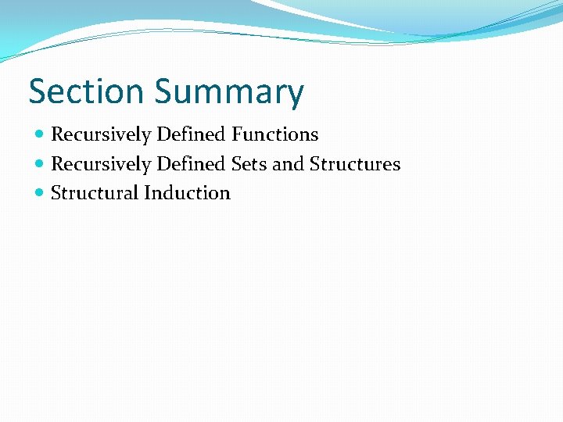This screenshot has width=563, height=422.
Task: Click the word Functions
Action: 274,134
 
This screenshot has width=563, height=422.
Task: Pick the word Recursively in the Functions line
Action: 100,135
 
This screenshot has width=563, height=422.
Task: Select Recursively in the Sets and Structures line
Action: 100,165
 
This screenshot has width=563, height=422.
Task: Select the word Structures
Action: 355,164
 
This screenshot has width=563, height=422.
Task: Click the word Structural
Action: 94,193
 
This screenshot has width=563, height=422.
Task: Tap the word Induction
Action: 187,193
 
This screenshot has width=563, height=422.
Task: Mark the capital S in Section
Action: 38,91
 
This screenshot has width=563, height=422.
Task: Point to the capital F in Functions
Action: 236,134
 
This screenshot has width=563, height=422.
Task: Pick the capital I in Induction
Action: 147,193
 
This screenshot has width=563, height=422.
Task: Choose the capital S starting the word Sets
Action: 236,164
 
